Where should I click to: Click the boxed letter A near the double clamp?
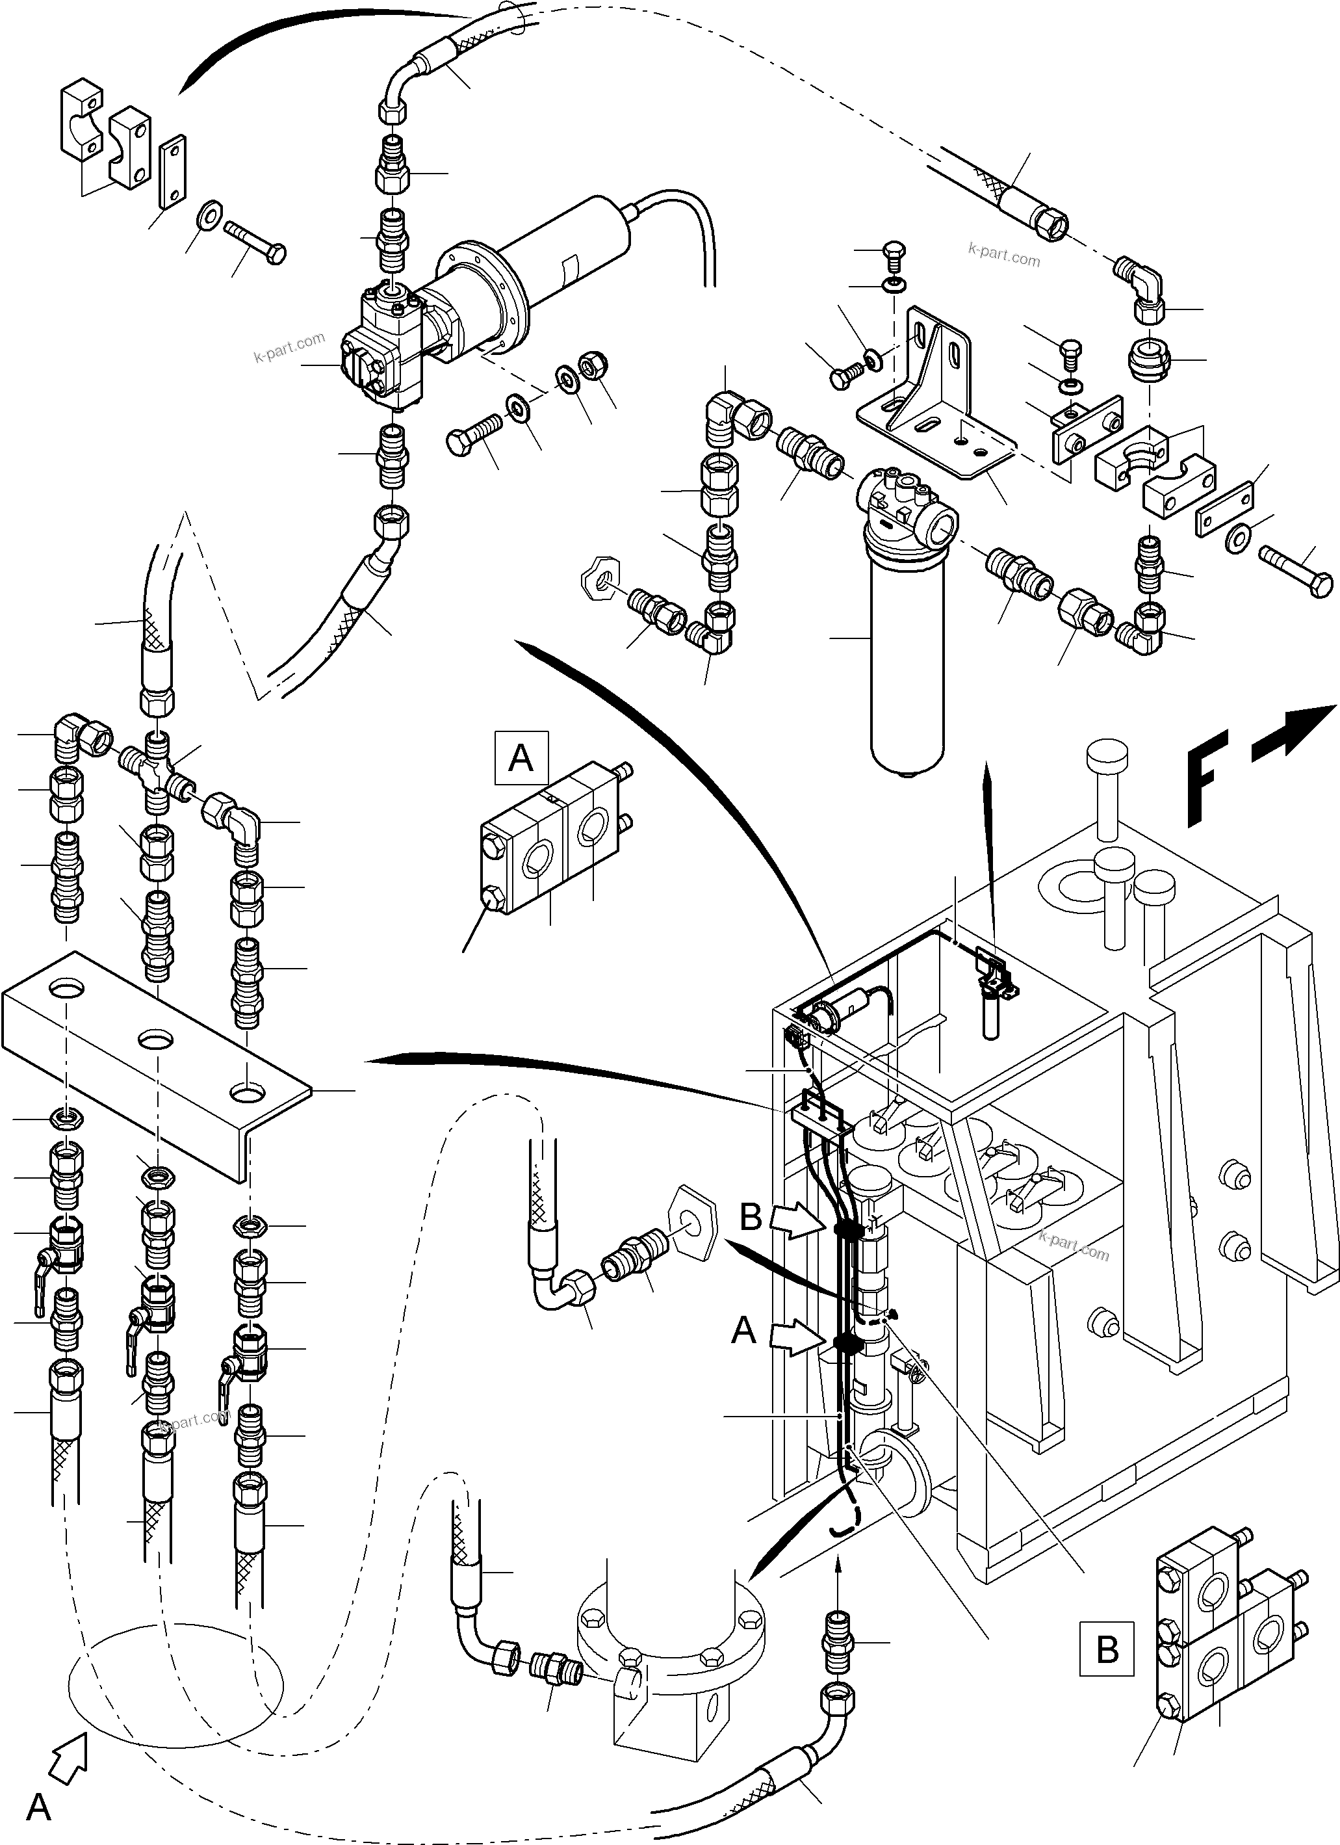coord(521,758)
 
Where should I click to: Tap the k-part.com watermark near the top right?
coord(1003,256)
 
